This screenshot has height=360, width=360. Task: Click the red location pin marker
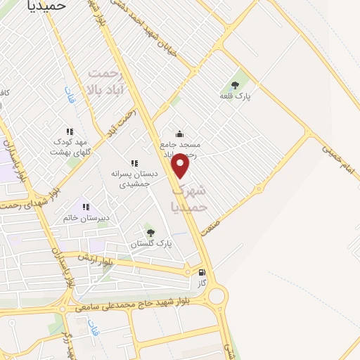coord(181,166)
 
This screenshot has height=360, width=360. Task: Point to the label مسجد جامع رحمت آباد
coord(181,148)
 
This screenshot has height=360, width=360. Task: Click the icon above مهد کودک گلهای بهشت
coord(70,131)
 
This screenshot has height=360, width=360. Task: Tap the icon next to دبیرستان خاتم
coord(86,207)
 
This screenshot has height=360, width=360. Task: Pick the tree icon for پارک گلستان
coord(150,232)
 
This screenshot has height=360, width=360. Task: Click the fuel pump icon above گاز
coord(202,273)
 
